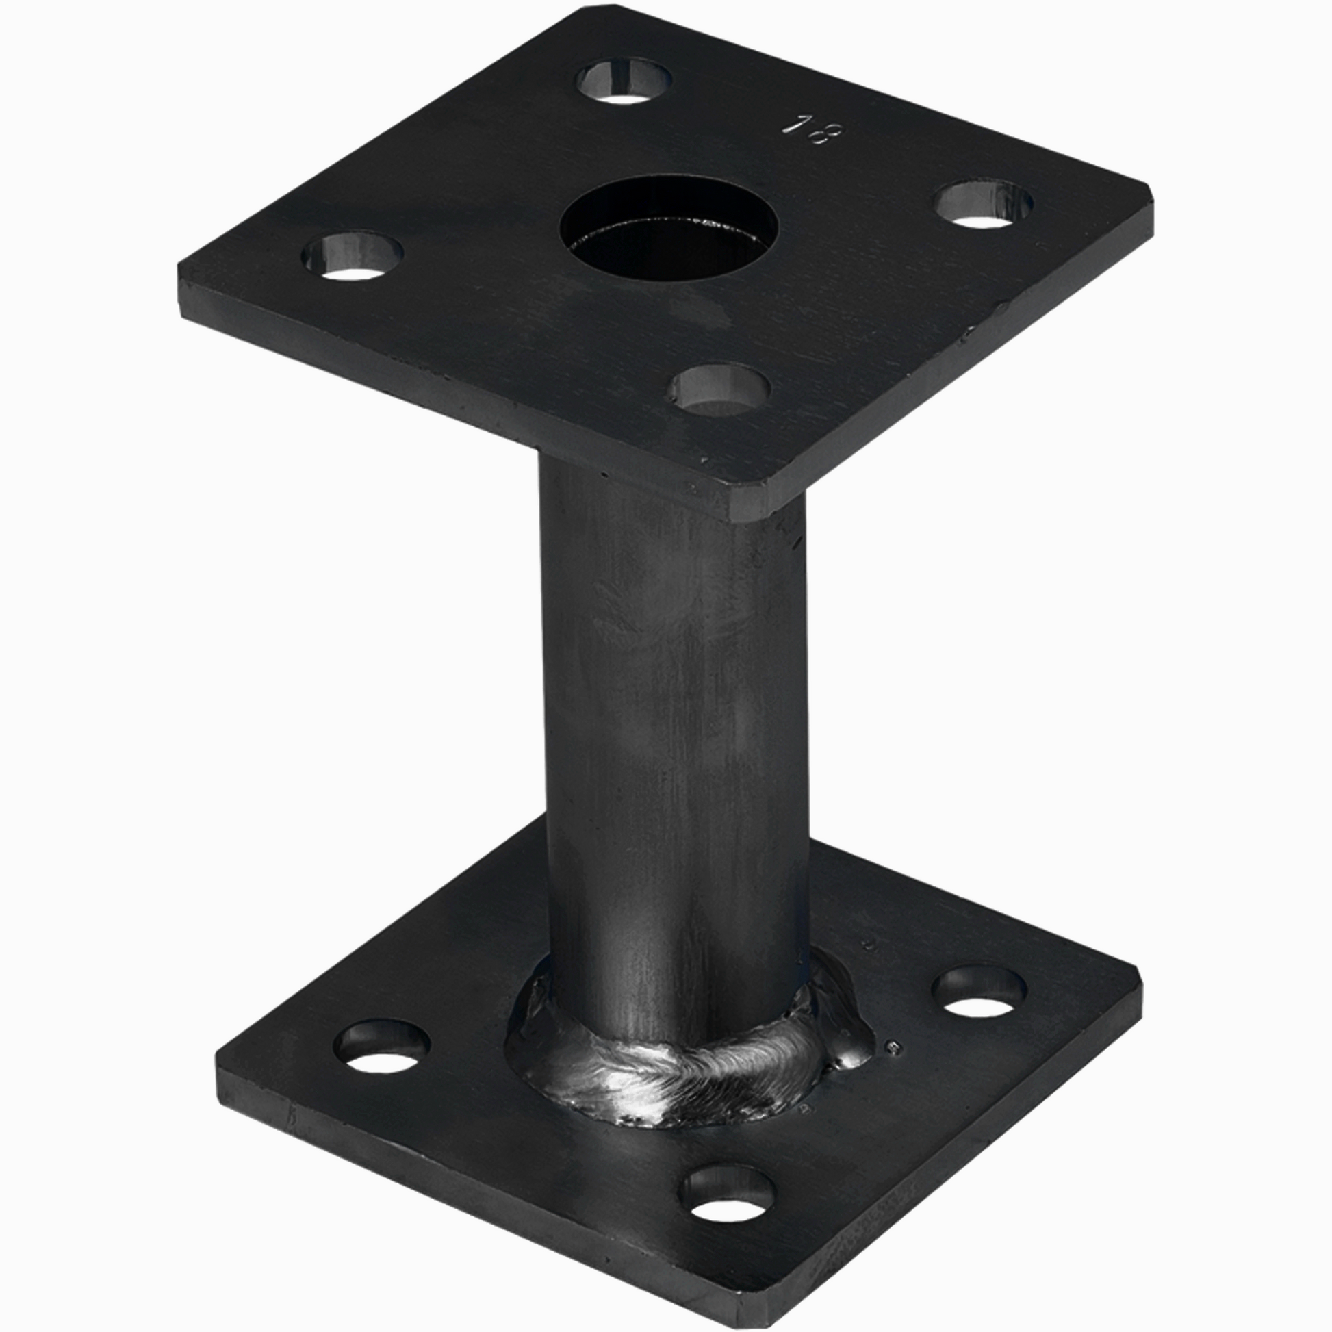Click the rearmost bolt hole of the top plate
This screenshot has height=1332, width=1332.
pyautogui.click(x=624, y=81)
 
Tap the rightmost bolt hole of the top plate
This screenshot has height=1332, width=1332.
pyautogui.click(x=984, y=204)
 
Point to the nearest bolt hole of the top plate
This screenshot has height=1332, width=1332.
pyautogui.click(x=721, y=390)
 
